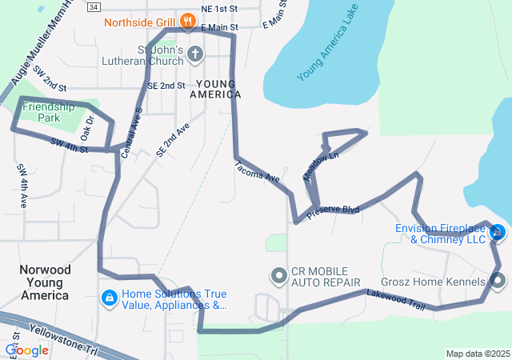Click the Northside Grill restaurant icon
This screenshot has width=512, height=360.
[187, 20]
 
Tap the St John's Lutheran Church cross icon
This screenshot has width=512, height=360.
[195, 54]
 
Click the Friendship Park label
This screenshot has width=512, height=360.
[48, 111]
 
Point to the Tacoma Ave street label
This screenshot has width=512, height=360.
[257, 170]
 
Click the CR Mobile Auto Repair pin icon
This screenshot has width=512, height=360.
[278, 276]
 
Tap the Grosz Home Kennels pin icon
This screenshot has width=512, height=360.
[498, 281]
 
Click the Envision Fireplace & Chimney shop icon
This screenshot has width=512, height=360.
[497, 233]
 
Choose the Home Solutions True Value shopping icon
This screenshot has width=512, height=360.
[108, 298]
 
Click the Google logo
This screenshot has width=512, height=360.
[26, 350]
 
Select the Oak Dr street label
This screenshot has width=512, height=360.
[88, 128]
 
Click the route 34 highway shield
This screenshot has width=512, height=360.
[95, 6]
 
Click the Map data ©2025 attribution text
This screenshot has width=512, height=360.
[477, 354]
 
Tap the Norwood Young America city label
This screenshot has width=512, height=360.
[45, 282]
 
